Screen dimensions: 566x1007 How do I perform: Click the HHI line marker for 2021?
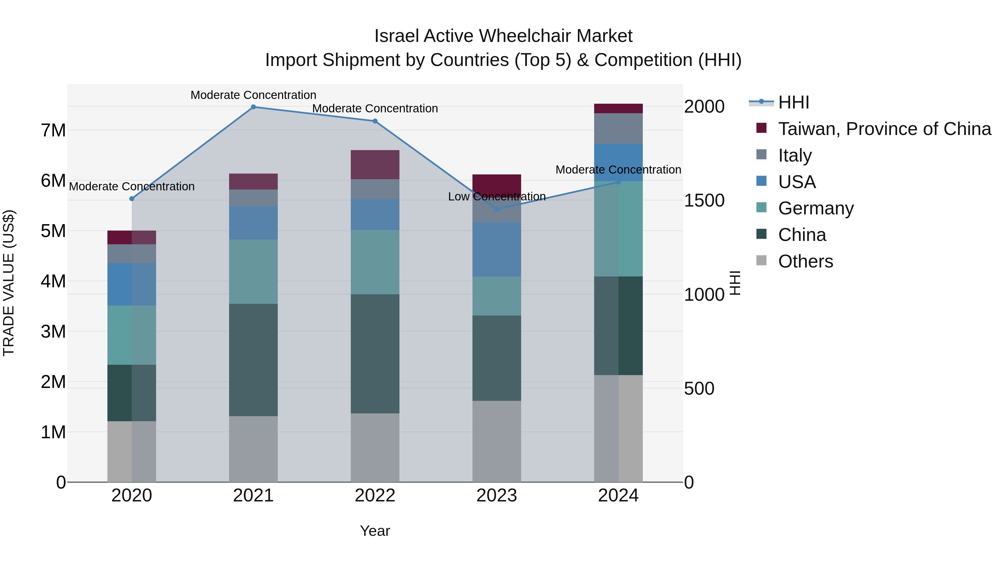tap(253, 107)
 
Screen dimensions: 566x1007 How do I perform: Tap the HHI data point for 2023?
tap(497, 209)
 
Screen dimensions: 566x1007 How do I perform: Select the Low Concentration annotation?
tap(497, 196)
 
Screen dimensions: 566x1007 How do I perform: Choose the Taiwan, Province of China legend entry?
tap(884, 129)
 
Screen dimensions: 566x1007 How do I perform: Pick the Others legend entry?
tap(805, 261)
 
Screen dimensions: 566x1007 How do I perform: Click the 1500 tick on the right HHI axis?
tap(704, 201)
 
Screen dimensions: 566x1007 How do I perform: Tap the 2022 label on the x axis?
tap(375, 496)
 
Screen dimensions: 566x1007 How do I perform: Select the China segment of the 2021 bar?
tap(253, 359)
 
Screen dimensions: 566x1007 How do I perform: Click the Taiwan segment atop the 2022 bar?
tap(375, 164)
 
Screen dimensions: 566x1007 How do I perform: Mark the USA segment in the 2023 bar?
tap(497, 249)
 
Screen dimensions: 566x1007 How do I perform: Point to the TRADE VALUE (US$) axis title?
tap(9, 283)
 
